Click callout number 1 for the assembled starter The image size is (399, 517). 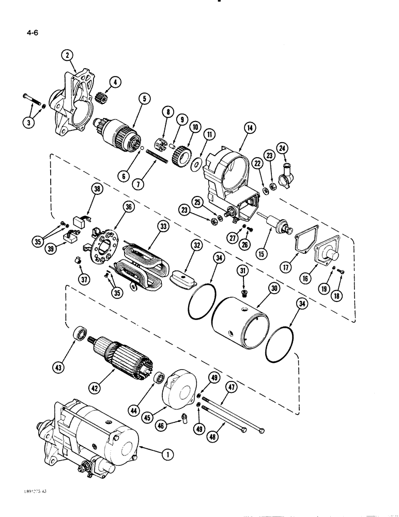coord(166,454)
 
